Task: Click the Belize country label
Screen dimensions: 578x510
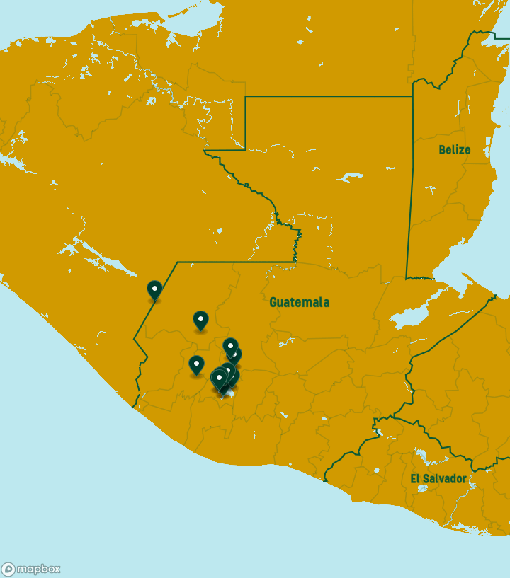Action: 454,149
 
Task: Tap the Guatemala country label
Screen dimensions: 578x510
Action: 299,302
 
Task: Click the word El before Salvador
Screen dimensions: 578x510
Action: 416,479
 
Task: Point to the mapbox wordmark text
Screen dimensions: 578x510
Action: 38,569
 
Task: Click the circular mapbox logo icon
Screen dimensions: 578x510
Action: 8,570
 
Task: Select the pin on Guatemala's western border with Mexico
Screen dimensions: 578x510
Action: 154,290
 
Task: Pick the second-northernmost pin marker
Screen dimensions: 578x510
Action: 200,320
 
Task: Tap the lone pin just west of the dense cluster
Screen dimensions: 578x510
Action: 196,365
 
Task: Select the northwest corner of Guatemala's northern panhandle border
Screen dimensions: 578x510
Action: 245,96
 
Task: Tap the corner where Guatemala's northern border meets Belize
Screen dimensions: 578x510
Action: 412,96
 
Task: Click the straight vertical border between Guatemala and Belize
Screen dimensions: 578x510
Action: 409,191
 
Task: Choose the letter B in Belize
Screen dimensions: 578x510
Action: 442,149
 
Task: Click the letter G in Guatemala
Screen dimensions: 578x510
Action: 273,302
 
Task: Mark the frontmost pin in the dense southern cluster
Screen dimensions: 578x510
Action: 220,379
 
